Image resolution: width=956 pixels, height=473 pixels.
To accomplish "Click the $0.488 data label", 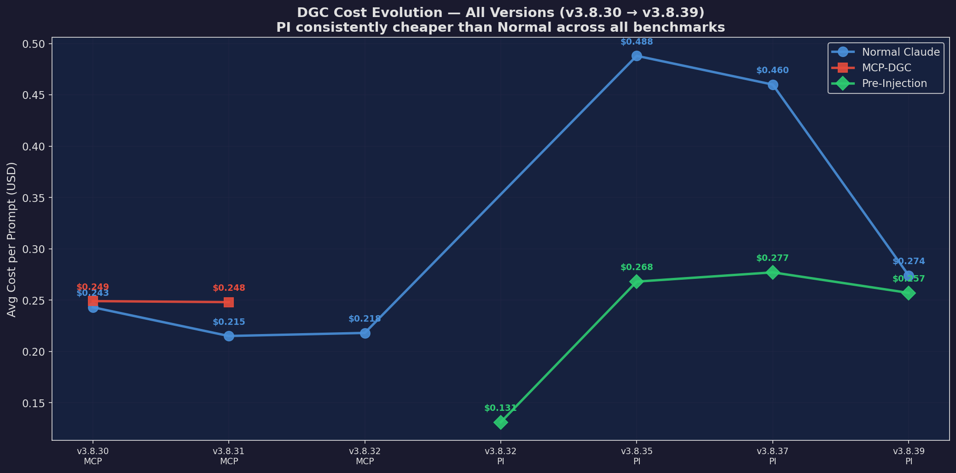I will pos(637,42).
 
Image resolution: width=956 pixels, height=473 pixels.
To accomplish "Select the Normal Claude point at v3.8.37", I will pos(773,85).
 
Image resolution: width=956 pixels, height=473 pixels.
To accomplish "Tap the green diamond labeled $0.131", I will pos(501,422).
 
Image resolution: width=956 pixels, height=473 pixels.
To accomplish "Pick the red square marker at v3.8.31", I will pos(229,302).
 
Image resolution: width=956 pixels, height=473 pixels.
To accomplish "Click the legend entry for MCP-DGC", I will pos(886,68).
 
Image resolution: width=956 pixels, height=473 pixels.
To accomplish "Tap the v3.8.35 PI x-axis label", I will pos(637,456).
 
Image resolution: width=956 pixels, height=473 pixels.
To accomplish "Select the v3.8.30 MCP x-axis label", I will pos(93,456).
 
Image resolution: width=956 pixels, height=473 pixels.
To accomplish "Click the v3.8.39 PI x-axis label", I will pos(909,456).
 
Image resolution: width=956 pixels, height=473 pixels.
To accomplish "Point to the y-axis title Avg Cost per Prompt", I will pos(12,239).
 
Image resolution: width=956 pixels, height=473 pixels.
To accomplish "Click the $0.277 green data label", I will pos(772,259).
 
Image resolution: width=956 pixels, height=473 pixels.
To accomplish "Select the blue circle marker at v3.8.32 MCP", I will pos(365,333).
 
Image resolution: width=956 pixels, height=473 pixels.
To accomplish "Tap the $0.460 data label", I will pos(772,71).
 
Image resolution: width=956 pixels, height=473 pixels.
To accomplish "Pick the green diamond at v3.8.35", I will pos(637,282).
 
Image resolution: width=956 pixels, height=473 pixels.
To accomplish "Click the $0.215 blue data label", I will pos(229,323).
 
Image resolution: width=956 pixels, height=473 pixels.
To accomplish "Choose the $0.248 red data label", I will pos(229,288).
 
